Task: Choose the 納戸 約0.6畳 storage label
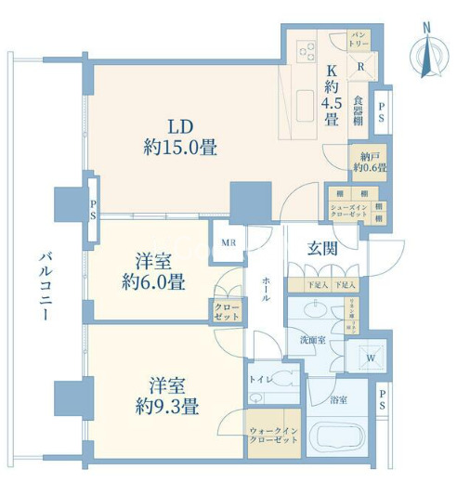point(368,163)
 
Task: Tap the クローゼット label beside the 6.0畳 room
point(224,311)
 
